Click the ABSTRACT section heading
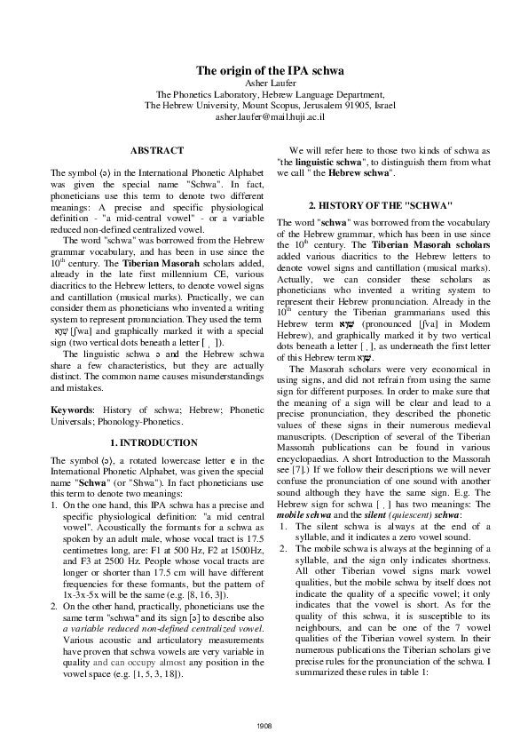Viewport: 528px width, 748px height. click(x=157, y=151)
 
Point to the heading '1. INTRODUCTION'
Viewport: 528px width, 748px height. click(x=157, y=442)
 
